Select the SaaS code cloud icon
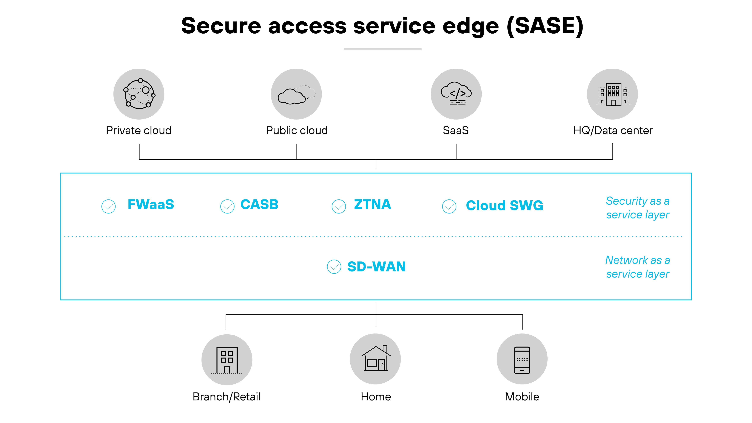(456, 94)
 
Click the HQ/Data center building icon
(612, 94)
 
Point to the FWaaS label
(151, 204)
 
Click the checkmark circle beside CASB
(227, 206)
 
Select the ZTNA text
(373, 204)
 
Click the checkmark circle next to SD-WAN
(334, 267)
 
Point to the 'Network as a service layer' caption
(638, 267)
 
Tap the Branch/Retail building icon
(227, 360)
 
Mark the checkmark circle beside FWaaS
(108, 206)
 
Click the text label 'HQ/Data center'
(613, 130)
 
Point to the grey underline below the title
(382, 49)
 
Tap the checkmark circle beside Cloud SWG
(449, 206)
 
